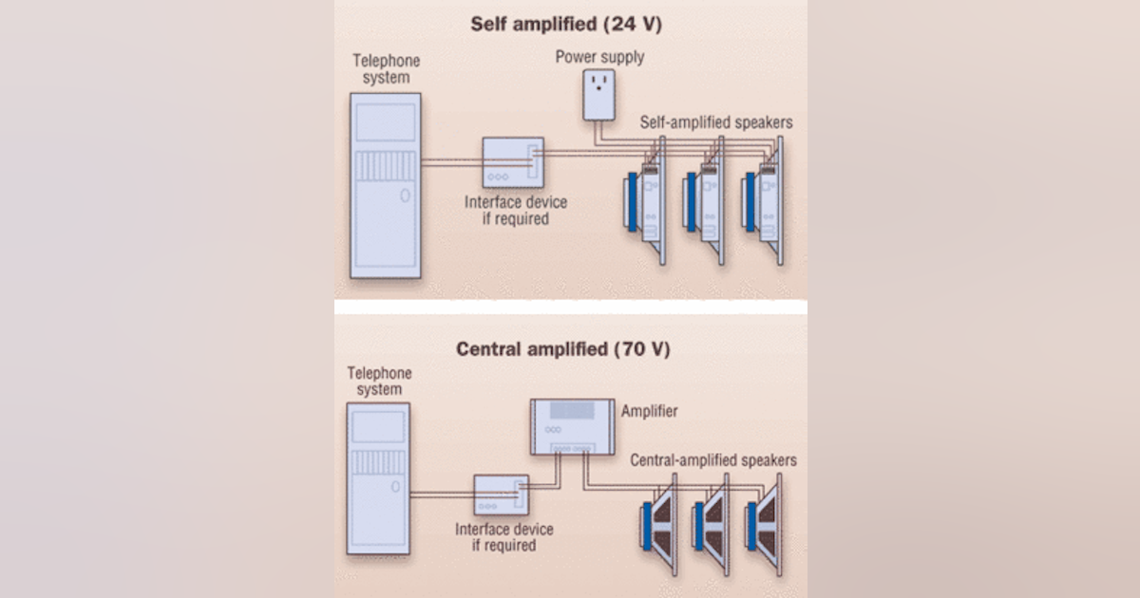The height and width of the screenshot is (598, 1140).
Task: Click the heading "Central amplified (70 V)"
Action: click(x=563, y=348)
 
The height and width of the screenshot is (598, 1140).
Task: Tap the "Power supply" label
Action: click(x=599, y=57)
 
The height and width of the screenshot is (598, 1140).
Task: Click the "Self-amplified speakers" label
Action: click(x=716, y=122)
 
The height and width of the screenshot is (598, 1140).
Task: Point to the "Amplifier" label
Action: click(x=649, y=412)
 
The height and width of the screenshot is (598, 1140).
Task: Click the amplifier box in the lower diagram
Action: click(x=571, y=426)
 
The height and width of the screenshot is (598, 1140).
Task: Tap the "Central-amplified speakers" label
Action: click(x=713, y=460)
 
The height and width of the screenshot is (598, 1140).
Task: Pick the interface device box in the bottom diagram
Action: click(x=500, y=495)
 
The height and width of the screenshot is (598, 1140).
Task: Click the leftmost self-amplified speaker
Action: click(x=645, y=200)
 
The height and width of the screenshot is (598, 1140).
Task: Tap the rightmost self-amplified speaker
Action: click(x=765, y=200)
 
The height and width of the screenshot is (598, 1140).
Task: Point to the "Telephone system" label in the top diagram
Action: click(x=385, y=69)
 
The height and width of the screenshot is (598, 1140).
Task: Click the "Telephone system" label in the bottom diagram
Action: click(x=379, y=382)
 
